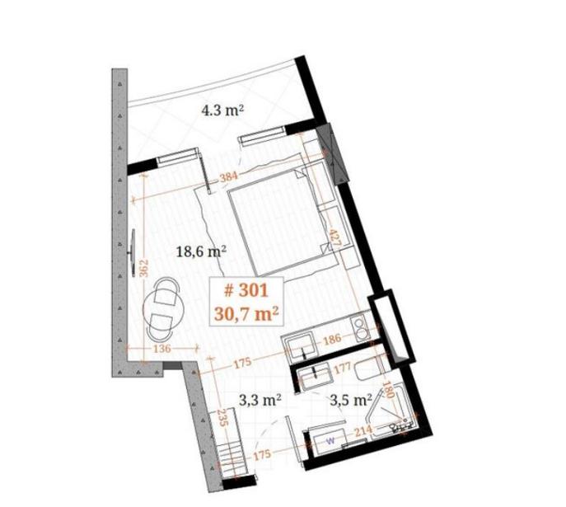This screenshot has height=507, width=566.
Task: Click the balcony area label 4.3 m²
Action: pyautogui.click(x=222, y=110)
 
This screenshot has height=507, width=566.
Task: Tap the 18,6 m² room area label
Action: pyautogui.click(x=201, y=251)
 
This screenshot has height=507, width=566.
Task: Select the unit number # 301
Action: pyautogui.click(x=246, y=290)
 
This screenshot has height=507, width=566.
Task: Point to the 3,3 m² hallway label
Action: pyautogui.click(x=260, y=400)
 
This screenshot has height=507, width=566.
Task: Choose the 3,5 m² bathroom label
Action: pyautogui.click(x=351, y=400)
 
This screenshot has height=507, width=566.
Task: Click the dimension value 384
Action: pyautogui.click(x=228, y=177)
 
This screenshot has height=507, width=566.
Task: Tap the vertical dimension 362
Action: pyautogui.click(x=144, y=268)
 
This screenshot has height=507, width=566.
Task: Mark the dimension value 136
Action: pyautogui.click(x=161, y=349)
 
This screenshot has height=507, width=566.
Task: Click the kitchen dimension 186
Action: pyautogui.click(x=332, y=339)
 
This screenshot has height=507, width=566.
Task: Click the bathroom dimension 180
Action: pyautogui.click(x=388, y=390)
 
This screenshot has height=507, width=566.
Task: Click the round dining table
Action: pyautogui.click(x=165, y=309)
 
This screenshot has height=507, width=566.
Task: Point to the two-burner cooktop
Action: pyautogui.click(x=359, y=328)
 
